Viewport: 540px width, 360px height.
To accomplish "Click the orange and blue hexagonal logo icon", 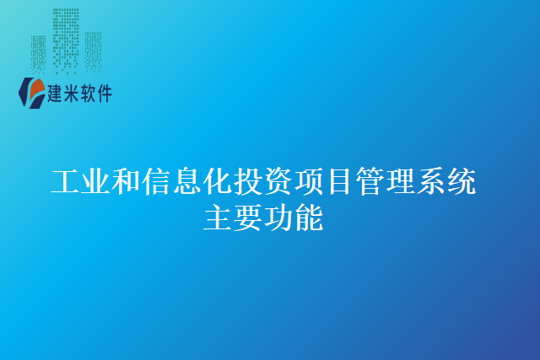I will click(x=33, y=92).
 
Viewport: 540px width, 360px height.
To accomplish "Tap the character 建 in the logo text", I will click(x=58, y=94).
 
